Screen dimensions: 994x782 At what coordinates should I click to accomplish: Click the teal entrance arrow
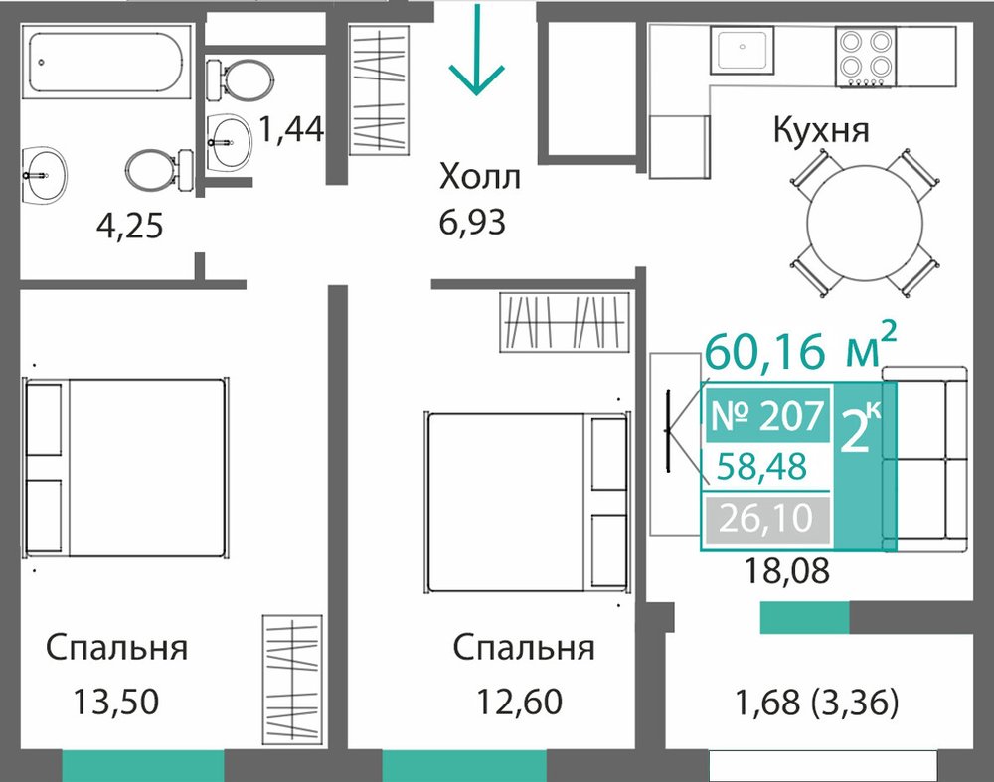coord(476,50)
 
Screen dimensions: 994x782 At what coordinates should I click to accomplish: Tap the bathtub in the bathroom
coord(106,63)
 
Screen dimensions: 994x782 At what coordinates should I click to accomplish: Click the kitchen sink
coord(742,50)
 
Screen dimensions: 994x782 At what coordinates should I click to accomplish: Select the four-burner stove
coord(866,57)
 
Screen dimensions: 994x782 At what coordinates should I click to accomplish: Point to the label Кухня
coord(820,130)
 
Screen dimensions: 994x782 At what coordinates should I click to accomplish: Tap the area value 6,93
coord(472,223)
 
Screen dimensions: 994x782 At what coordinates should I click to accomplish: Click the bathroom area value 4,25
coord(130,226)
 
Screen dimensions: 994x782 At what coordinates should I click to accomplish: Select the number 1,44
coord(291,129)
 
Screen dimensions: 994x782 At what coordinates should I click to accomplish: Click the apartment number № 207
coord(767,416)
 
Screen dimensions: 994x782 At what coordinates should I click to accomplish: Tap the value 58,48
coord(761,466)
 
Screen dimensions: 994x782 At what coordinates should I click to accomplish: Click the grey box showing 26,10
coord(766,519)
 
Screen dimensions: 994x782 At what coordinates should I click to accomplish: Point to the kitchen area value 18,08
coord(786,571)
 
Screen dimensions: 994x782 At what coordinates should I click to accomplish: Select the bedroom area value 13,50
coord(116,703)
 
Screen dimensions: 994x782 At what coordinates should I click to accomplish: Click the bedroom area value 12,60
coord(519,703)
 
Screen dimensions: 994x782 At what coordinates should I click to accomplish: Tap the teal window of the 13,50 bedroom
coord(143,765)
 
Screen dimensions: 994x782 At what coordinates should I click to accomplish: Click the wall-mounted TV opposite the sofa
coord(668,431)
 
